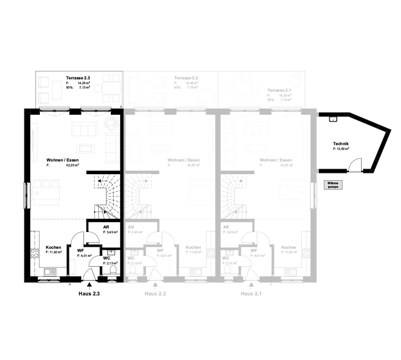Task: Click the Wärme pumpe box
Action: tap(333, 185)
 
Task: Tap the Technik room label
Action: tap(341, 144)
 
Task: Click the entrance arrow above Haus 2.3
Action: tap(89, 285)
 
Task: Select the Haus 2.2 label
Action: tap(155, 294)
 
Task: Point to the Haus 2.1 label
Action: tap(251, 294)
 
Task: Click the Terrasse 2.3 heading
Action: tap(78, 78)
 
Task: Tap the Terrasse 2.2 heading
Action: tap(186, 78)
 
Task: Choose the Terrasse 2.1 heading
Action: tap(279, 90)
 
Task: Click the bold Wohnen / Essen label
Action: tap(59, 160)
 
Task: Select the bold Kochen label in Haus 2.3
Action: tap(53, 247)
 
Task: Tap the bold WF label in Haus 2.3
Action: tap(80, 250)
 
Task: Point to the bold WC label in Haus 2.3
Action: tap(106, 258)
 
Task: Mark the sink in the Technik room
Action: tap(332, 119)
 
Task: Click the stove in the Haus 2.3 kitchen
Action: tap(35, 253)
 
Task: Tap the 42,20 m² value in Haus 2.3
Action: tap(72, 165)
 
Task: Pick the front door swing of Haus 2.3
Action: tap(88, 275)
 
